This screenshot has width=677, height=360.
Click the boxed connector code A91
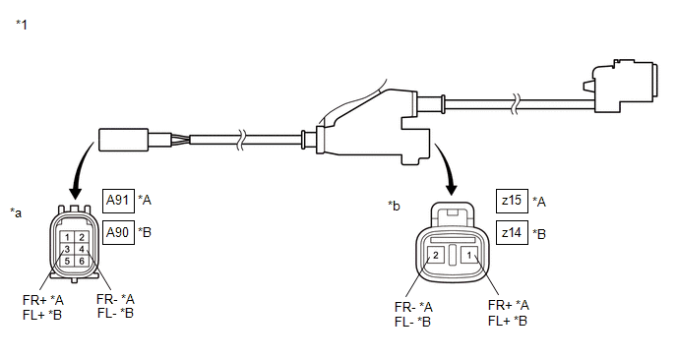118,201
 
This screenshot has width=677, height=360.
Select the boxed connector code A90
118,233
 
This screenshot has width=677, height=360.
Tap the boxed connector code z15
512,202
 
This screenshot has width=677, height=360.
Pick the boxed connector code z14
512,233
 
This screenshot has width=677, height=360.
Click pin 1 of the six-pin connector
67,237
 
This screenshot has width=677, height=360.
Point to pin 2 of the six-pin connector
81,237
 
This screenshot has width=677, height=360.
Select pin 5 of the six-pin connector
67,261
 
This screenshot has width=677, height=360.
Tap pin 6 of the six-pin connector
81,261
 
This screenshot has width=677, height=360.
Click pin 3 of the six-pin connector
67,249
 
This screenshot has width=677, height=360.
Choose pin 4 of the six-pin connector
81,249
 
